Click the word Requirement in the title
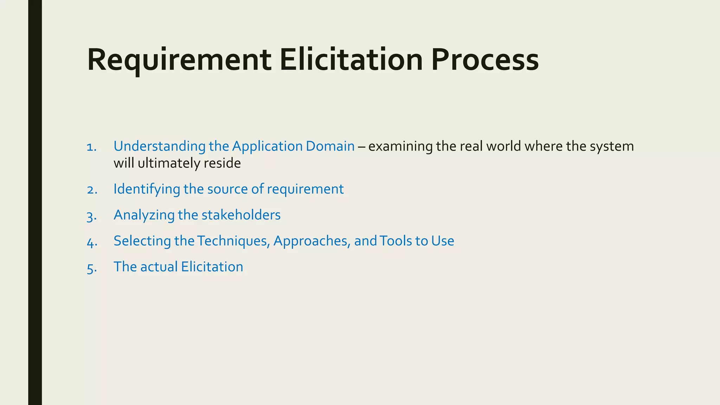(179, 60)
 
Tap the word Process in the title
(485, 60)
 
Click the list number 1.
(91, 147)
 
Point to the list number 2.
(92, 190)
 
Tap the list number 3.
(91, 216)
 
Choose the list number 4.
(92, 242)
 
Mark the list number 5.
(92, 268)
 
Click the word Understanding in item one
(159, 146)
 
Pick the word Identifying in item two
(147, 189)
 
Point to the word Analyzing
(144, 215)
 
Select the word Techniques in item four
(233, 241)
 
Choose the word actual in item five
(159, 267)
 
